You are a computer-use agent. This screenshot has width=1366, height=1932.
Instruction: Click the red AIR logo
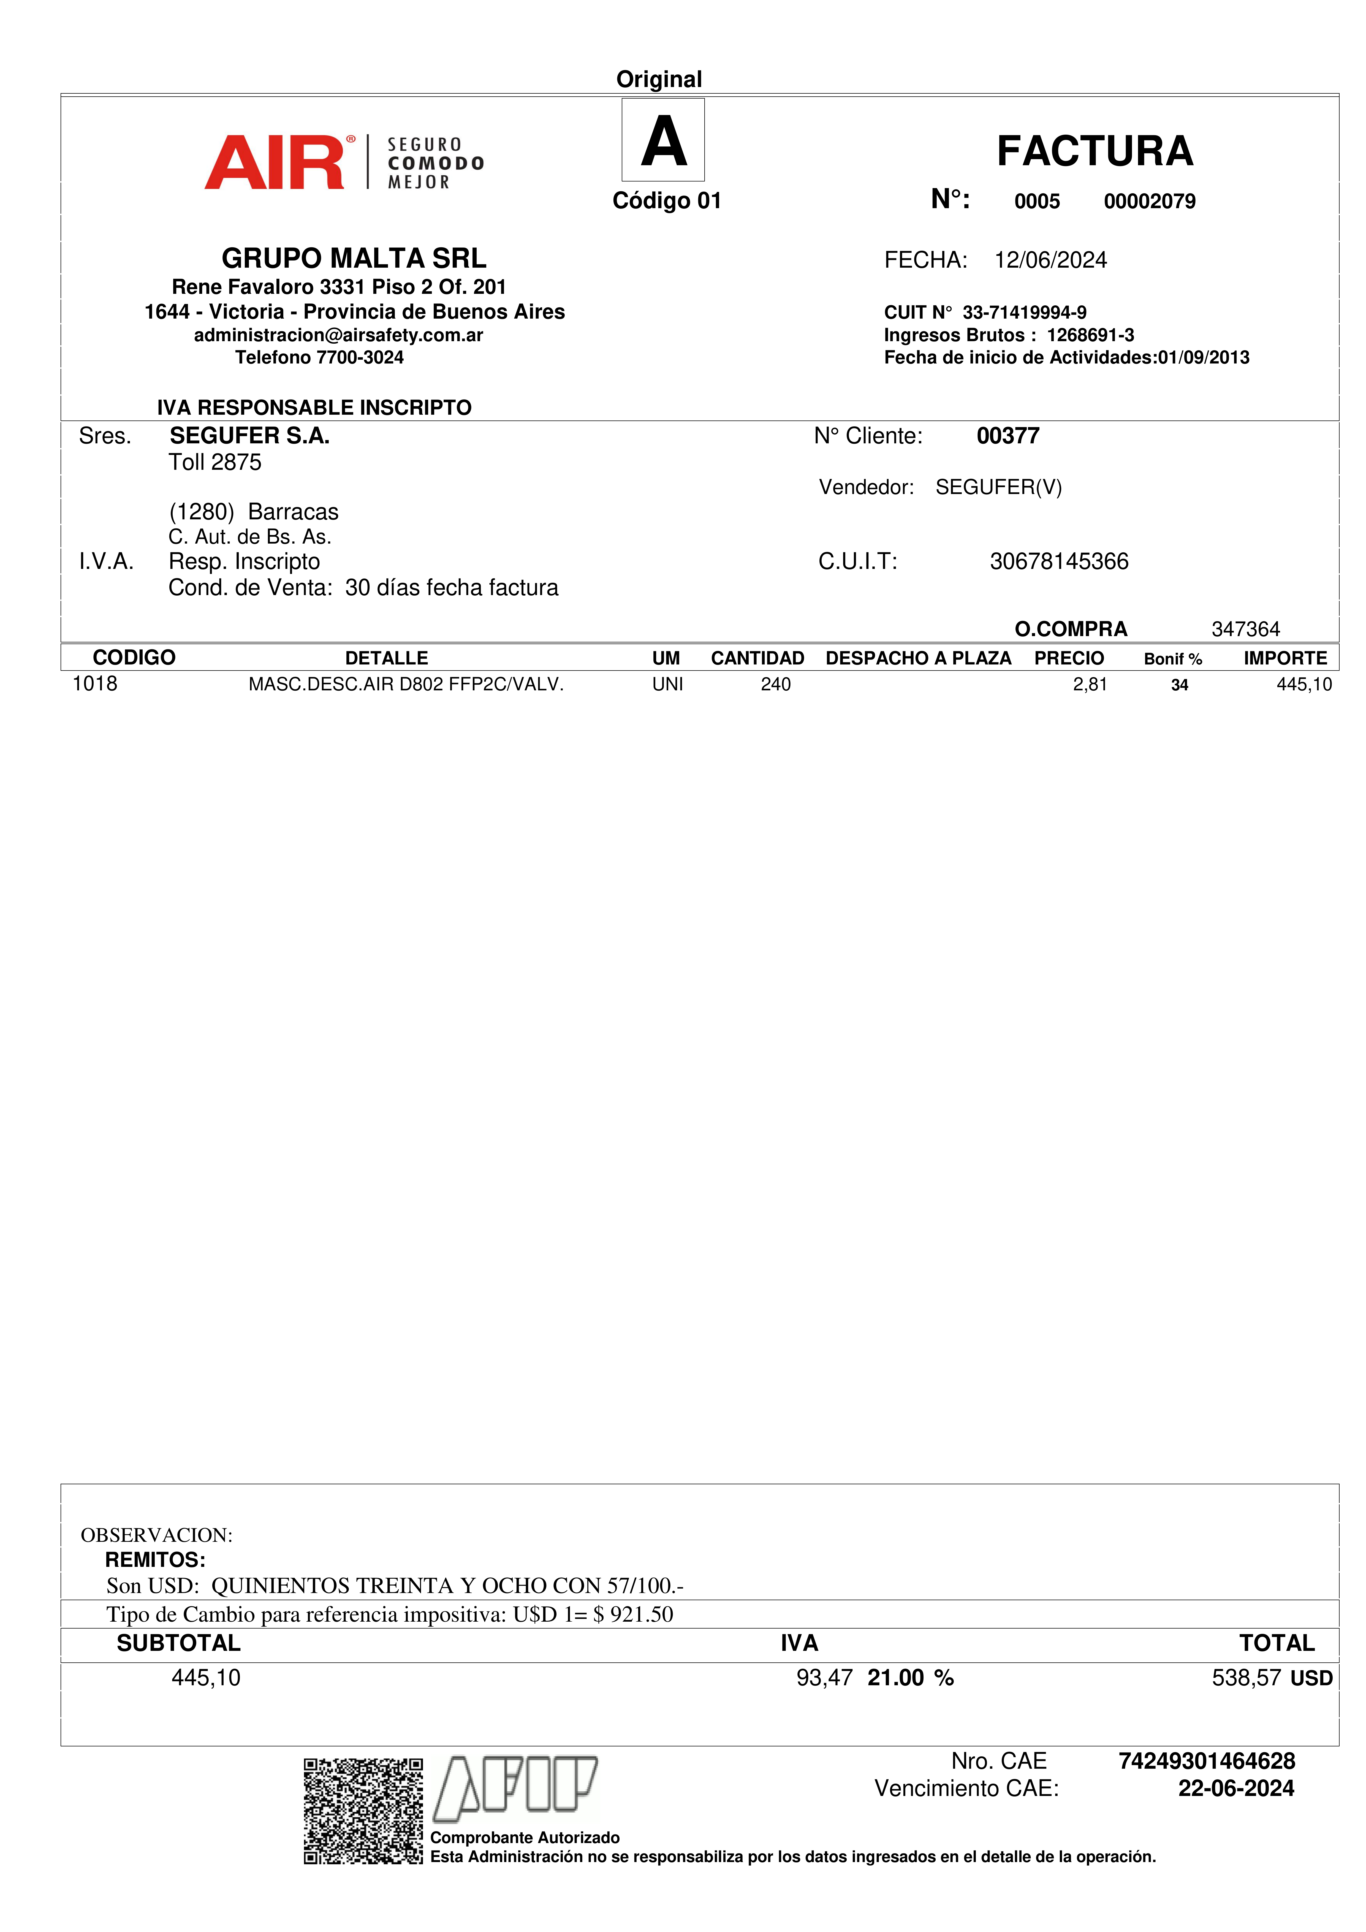point(274,162)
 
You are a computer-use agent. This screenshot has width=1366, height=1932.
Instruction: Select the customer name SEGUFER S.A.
point(249,436)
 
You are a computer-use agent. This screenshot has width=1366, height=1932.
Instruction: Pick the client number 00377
point(1007,436)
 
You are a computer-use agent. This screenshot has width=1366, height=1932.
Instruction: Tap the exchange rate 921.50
point(641,1614)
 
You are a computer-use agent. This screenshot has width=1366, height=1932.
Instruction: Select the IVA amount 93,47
point(824,1678)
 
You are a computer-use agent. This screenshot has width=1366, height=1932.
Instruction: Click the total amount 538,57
point(1246,1678)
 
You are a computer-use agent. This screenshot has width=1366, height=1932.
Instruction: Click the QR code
point(363,1811)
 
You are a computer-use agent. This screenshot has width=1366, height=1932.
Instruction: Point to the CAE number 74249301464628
point(1206,1761)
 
